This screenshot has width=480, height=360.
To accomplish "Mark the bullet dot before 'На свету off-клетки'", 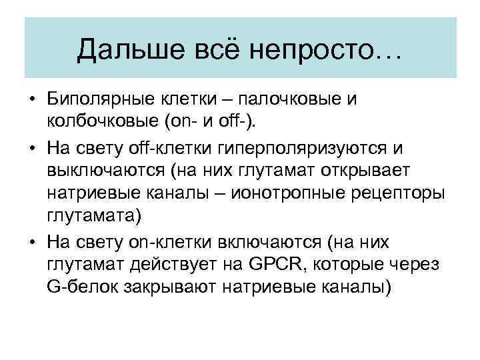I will click(32, 147).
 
